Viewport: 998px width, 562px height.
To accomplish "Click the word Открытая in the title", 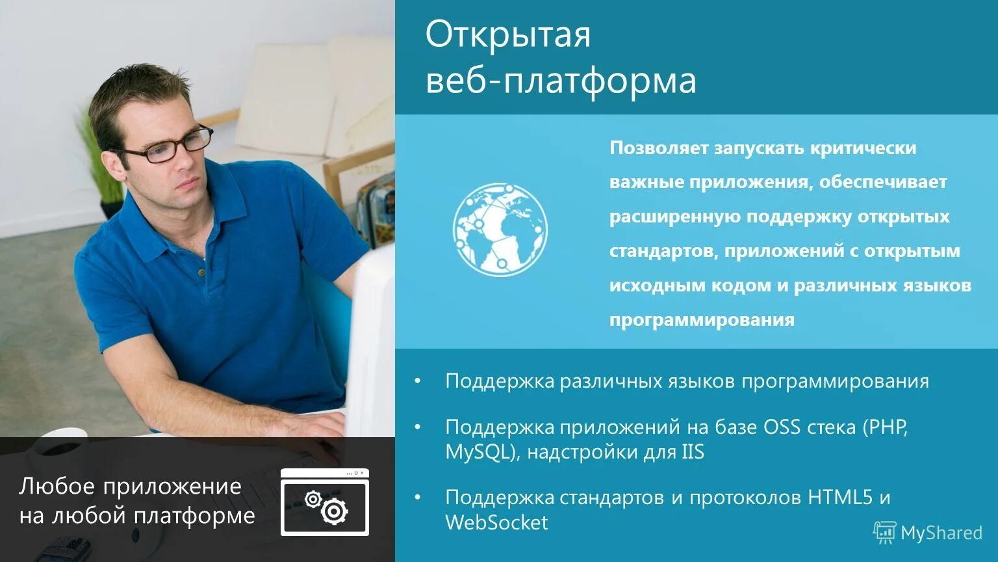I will [508, 35].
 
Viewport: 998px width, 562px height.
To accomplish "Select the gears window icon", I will [324, 502].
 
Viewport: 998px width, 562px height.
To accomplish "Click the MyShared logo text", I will [940, 533].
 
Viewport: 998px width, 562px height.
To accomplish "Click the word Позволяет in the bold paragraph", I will [659, 148].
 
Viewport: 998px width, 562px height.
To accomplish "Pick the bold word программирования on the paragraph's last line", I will [702, 320].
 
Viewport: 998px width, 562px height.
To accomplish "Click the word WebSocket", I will [496, 522].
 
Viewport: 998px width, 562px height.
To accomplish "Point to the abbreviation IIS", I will [693, 452].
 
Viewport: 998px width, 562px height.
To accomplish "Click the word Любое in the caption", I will [57, 486].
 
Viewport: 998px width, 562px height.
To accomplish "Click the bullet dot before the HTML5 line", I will [418, 498].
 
